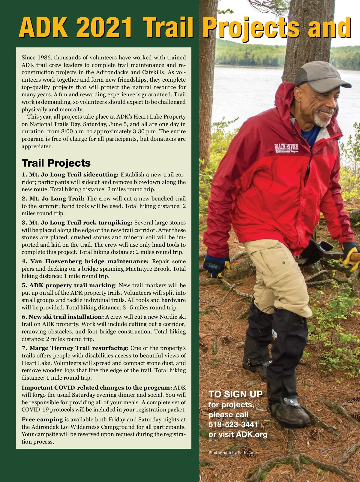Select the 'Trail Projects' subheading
coord(56,163)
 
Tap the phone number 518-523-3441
coord(233,424)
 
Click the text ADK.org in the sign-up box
coord(251,434)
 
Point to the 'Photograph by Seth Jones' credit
coord(233,453)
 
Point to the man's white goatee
coord(322,120)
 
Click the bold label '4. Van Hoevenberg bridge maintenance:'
coord(85,261)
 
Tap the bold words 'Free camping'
coord(42,420)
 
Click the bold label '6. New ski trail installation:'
coord(63,317)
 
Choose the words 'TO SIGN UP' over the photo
coord(235,394)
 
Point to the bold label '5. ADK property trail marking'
coord(68,285)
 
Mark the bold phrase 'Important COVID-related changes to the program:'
coord(97,387)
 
